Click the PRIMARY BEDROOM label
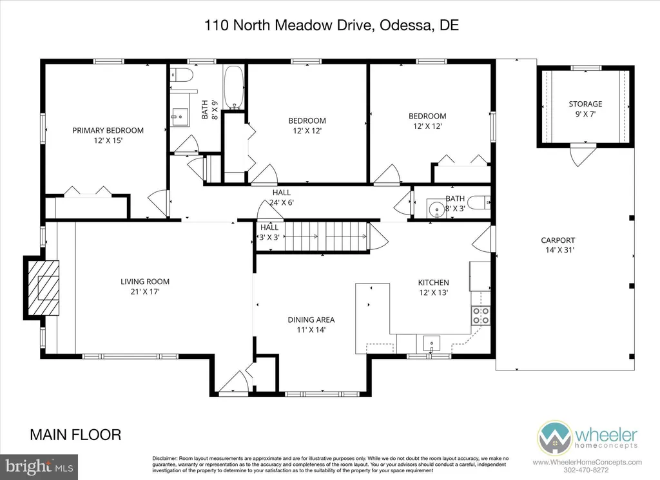click(108, 130)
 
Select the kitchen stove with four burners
click(481, 315)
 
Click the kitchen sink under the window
click(431, 342)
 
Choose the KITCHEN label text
click(433, 282)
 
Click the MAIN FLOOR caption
click(75, 435)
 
